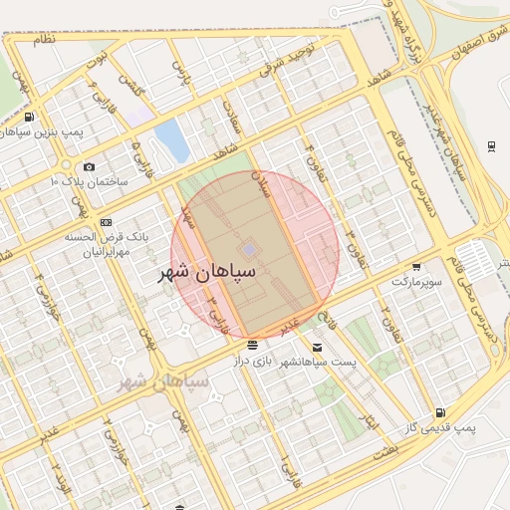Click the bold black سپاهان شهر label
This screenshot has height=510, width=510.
click(x=207, y=271)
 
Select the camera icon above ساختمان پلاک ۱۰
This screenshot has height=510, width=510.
click(x=90, y=167)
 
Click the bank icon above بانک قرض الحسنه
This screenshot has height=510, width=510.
click(x=107, y=222)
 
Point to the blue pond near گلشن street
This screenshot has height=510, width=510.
click(x=171, y=140)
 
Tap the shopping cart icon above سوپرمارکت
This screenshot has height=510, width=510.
click(x=415, y=266)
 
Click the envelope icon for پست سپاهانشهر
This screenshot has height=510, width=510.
click(x=317, y=347)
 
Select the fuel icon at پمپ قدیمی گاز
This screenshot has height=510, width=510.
click(x=439, y=413)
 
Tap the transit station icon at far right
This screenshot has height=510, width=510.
click(x=492, y=146)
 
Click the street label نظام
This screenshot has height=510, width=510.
click(x=44, y=41)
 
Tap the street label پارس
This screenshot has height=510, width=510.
click(x=180, y=72)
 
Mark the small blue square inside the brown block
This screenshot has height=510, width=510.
click(x=248, y=248)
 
